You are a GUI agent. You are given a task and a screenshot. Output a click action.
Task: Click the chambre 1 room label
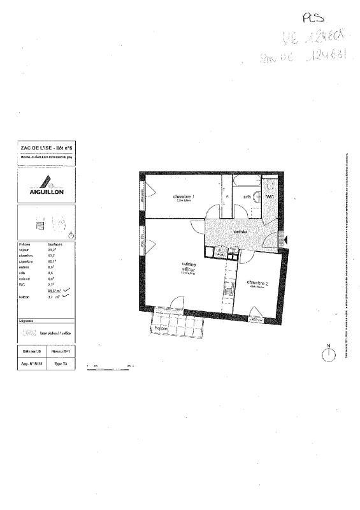pos(184,196)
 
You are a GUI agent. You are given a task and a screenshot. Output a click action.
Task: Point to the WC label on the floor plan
pos(270,197)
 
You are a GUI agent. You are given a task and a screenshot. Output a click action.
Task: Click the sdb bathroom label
pos(246,197)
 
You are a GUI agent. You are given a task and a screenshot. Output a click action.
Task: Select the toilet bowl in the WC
pos(270,185)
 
